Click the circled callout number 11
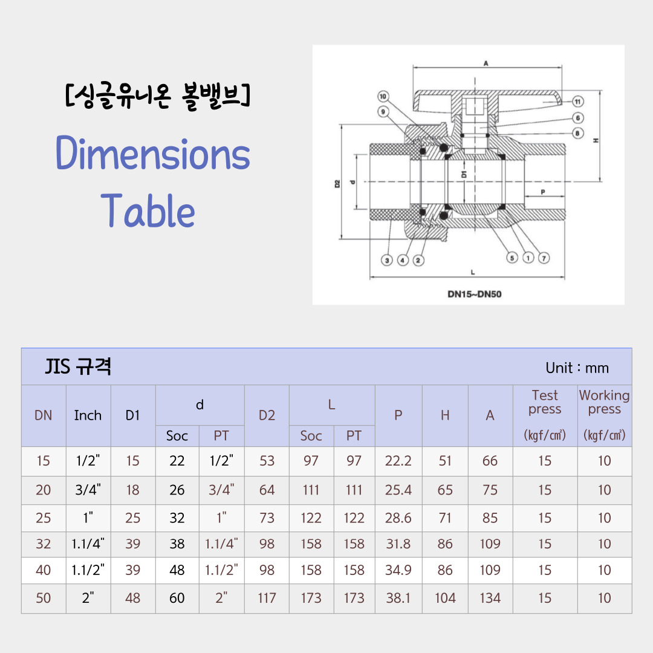tap(577, 102)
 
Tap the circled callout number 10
tap(383, 97)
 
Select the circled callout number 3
tap(387, 261)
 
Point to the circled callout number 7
tap(544, 258)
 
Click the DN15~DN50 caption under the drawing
tap(475, 294)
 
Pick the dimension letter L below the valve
tap(473, 272)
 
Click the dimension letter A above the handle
tap(486, 63)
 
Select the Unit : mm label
tap(577, 368)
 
